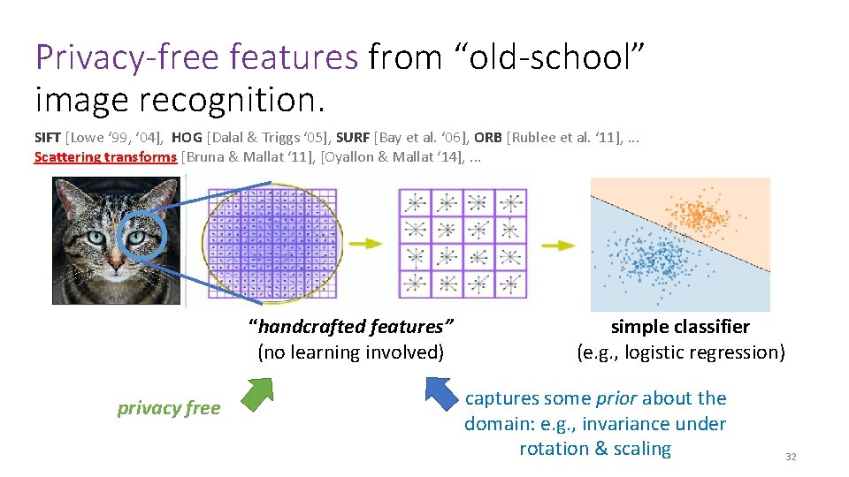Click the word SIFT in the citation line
tap(48, 137)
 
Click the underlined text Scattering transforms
tap(105, 157)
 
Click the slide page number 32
tap(791, 457)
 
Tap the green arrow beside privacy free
tap(258, 395)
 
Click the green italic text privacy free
tap(168, 407)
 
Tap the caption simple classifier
tap(680, 327)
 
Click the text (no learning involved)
tap(350, 352)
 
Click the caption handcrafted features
tap(351, 327)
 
